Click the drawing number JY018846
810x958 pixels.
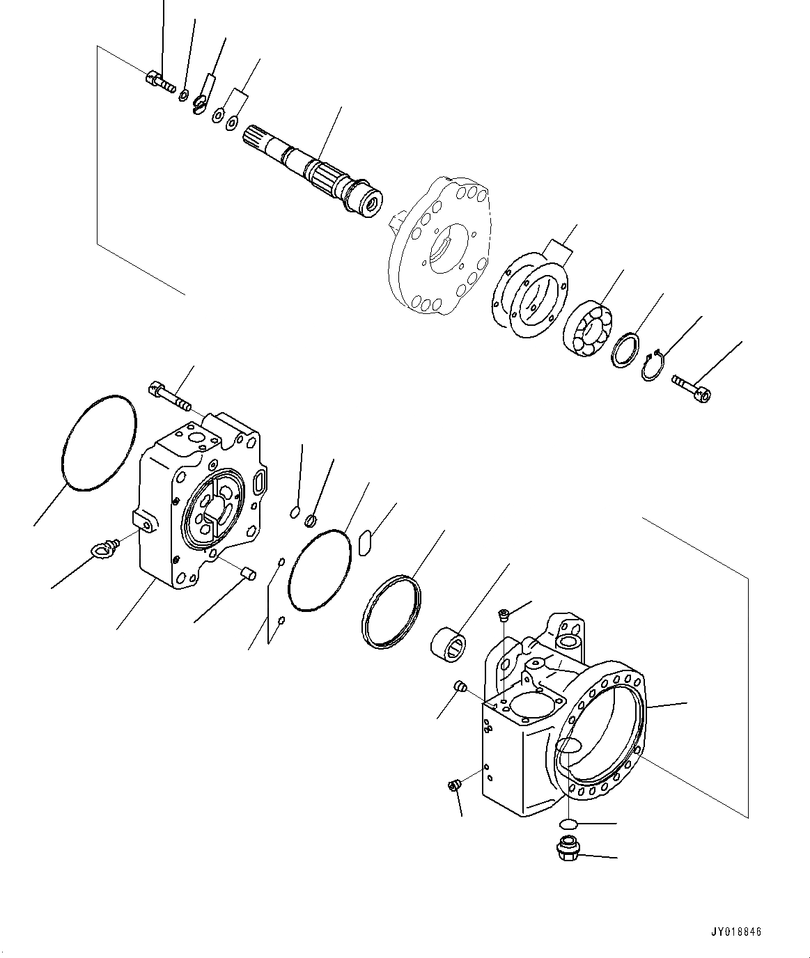tap(738, 932)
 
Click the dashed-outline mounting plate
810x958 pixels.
tap(438, 247)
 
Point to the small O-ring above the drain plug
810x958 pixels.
tap(570, 824)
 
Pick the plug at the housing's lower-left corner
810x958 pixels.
tap(453, 786)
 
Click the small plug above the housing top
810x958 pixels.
tap(504, 613)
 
